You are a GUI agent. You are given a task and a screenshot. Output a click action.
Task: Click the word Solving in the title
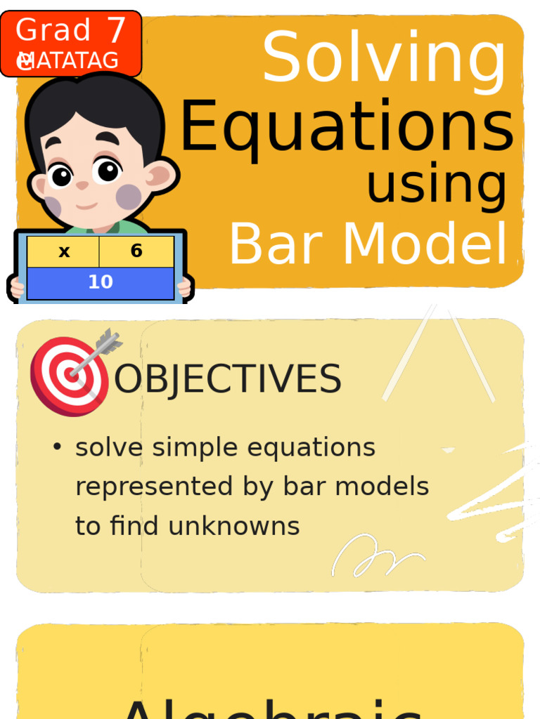click(384, 59)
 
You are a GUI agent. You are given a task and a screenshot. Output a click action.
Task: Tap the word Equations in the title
click(347, 127)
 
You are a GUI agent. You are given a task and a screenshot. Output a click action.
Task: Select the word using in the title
click(436, 184)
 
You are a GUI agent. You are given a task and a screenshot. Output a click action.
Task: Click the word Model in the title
click(425, 245)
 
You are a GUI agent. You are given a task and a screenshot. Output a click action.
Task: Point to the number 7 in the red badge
click(115, 31)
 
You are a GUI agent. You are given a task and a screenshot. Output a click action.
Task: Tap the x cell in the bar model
click(64, 251)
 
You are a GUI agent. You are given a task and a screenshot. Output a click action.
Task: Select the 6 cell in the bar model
click(136, 251)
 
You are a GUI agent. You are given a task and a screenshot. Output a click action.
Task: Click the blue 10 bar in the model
click(101, 282)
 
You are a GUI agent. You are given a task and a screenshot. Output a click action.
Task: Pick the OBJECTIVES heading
click(228, 380)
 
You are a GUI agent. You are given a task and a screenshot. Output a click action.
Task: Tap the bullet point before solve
click(57, 447)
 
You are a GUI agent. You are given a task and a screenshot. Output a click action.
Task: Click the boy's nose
click(82, 185)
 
